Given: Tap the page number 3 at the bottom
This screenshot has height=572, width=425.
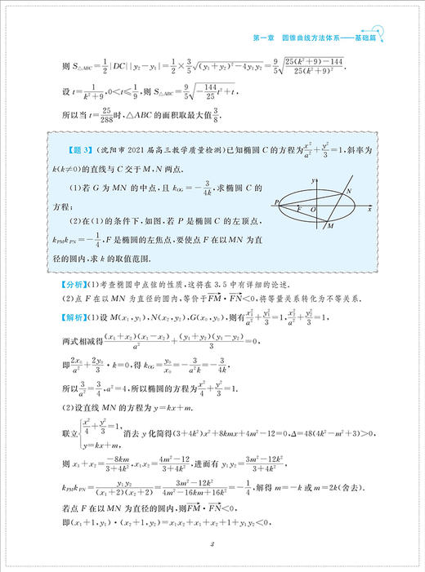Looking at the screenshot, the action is (x=212, y=545).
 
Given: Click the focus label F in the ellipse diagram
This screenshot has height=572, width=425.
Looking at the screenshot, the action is (x=300, y=212).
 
